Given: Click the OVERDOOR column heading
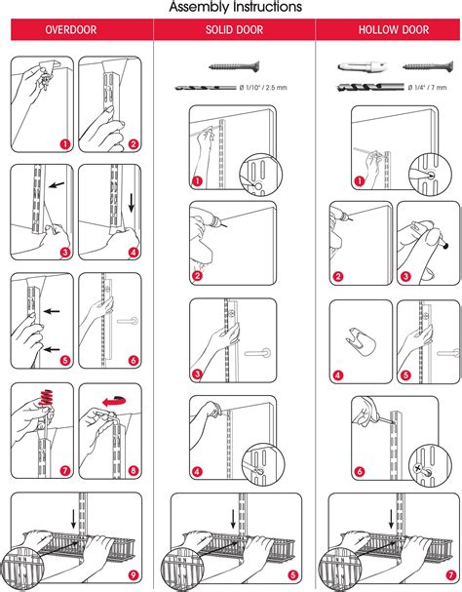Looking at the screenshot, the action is pyautogui.click(x=70, y=30).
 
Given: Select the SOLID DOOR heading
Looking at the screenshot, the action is pyautogui.click(x=234, y=30).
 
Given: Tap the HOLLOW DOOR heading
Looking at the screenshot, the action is pyautogui.click(x=394, y=30).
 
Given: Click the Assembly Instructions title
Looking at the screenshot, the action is pyautogui.click(x=235, y=7).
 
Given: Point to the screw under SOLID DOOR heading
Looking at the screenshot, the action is pyautogui.click(x=234, y=67).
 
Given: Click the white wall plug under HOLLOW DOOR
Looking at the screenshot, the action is pyautogui.click(x=364, y=67).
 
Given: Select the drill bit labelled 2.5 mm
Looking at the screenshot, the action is pyautogui.click(x=206, y=88).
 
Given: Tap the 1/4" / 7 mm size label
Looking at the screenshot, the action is pyautogui.click(x=427, y=88).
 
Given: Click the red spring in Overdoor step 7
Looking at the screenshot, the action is pyautogui.click(x=46, y=399).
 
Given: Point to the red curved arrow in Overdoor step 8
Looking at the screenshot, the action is pyautogui.click(x=114, y=401).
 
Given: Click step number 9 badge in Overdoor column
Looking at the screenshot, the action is pyautogui.click(x=133, y=575).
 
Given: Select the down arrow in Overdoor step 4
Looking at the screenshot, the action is pyautogui.click(x=132, y=203).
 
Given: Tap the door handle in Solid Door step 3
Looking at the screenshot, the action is pyautogui.click(x=258, y=353).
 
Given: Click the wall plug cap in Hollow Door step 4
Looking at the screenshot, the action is pyautogui.click(x=361, y=341).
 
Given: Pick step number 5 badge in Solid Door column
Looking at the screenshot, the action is pyautogui.click(x=293, y=575).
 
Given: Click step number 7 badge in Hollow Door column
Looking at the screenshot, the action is pyautogui.click(x=451, y=575).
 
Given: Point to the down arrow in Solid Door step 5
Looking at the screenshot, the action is pyautogui.click(x=233, y=520).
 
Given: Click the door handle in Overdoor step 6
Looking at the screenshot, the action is pyautogui.click(x=128, y=321).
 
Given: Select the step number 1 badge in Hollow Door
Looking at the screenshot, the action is pyautogui.click(x=360, y=181).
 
